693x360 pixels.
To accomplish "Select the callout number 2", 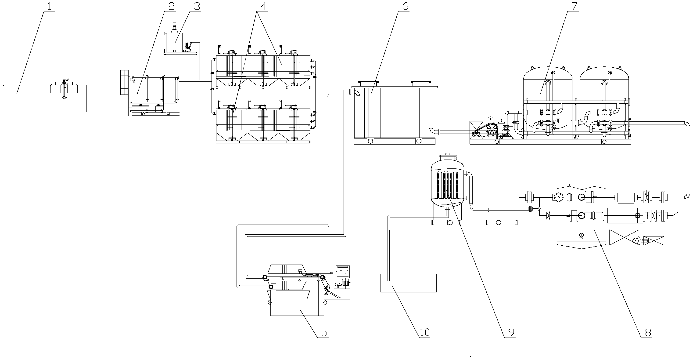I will click(x=171, y=7).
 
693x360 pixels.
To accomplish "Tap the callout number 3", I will click(x=197, y=7).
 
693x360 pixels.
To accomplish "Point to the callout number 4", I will click(x=263, y=7).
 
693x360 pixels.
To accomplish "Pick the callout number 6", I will click(x=405, y=7).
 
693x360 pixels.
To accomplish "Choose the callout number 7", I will click(x=574, y=7).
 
